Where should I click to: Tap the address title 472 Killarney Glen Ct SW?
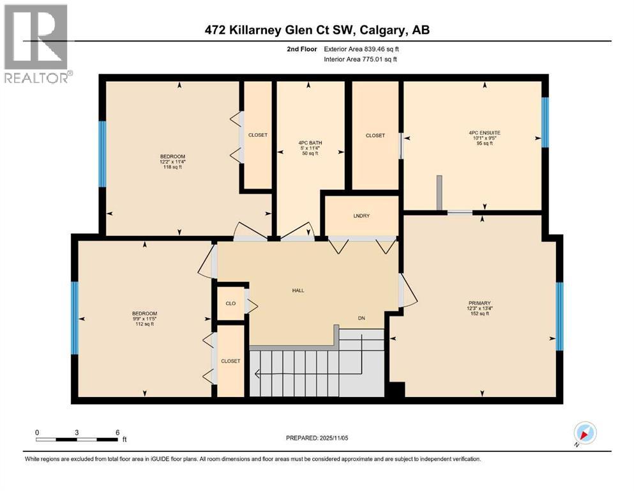click(317, 31)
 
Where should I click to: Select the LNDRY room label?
click(361, 215)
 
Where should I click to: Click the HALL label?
click(298, 290)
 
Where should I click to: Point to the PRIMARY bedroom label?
click(478, 302)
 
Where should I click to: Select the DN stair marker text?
click(361, 318)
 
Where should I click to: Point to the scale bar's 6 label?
click(117, 432)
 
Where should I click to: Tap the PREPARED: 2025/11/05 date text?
click(318, 438)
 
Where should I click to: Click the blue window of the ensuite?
click(545, 122)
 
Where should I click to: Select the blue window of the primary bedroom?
click(559, 316)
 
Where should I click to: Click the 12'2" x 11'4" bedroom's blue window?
click(102, 154)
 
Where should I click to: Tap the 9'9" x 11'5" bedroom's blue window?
click(74, 318)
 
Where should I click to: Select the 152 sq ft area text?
click(478, 314)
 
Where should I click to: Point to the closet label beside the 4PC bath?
click(375, 136)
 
